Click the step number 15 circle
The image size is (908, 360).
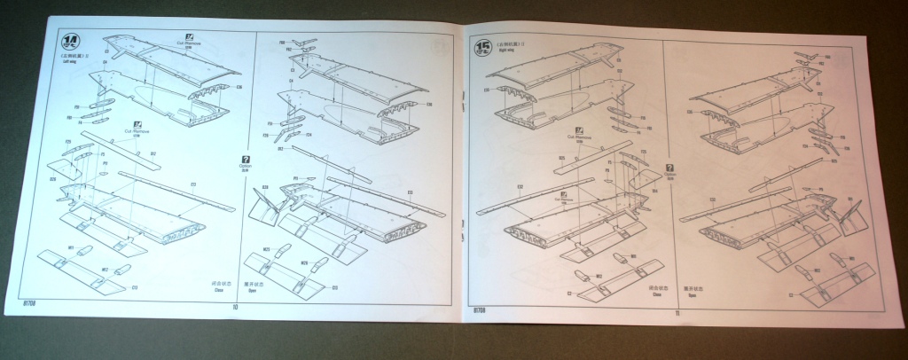[483, 46]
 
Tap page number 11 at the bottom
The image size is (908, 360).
[677, 311]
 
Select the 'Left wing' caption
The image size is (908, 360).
[69, 62]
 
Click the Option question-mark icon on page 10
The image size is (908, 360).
[245, 160]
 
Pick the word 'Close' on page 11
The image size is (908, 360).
[657, 294]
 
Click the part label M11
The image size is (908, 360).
[70, 249]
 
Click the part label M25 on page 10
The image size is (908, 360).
[266, 251]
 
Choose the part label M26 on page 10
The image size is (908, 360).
[304, 262]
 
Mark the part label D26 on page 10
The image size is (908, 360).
[52, 178]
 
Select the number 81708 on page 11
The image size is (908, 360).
[479, 310]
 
